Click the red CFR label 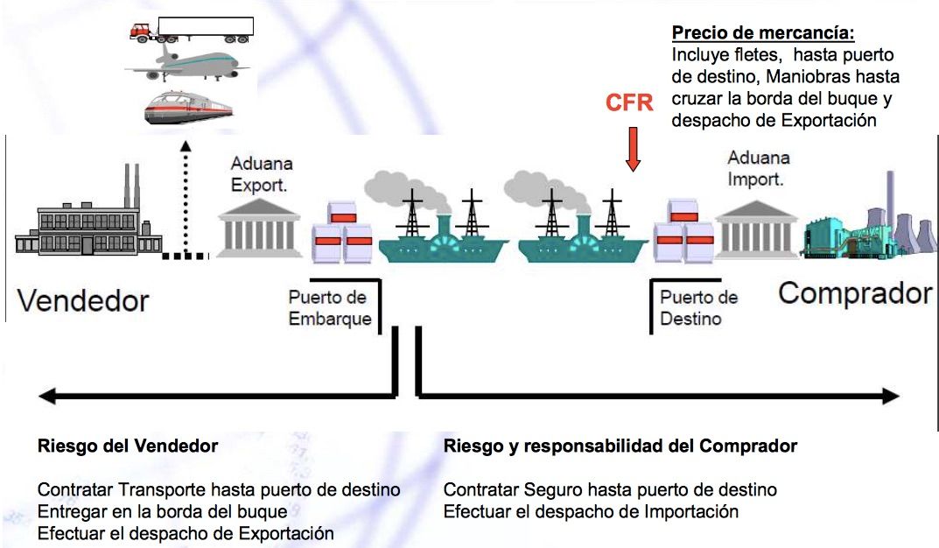(x=629, y=102)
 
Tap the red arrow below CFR (x=633, y=149)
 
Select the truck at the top (x=192, y=30)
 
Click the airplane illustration (x=187, y=64)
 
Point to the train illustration (x=188, y=108)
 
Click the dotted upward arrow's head (x=186, y=145)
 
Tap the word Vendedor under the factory (x=82, y=300)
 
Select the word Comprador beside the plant (x=855, y=293)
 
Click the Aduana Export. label (x=262, y=174)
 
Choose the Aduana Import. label (x=759, y=168)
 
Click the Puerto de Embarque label (x=330, y=308)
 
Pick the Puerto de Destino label (x=699, y=307)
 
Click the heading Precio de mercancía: (x=763, y=32)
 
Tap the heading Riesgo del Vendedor (x=128, y=446)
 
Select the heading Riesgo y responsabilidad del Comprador (x=620, y=446)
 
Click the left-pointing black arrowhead (x=46, y=396)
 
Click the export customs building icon (x=259, y=228)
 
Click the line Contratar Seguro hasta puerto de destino (x=610, y=490)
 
